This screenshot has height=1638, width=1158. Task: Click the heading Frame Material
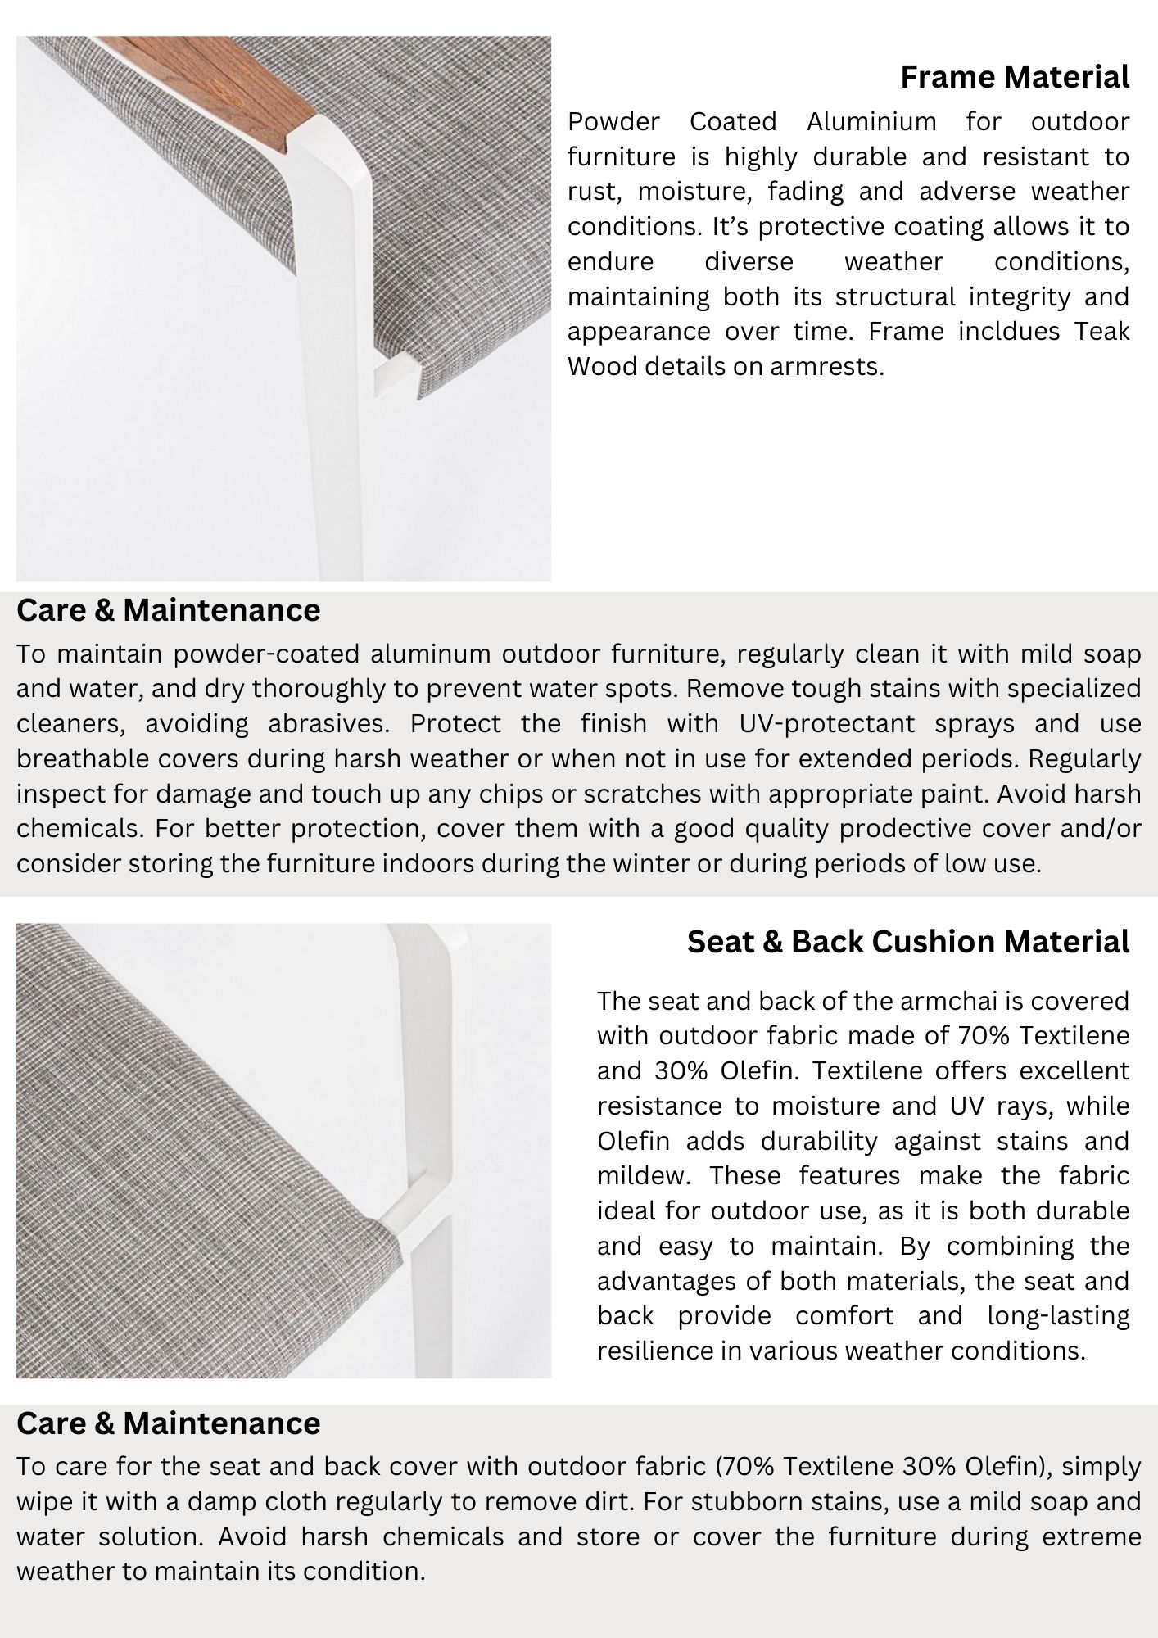pyautogui.click(x=1015, y=77)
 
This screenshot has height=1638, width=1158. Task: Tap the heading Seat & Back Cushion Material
pyautogui.click(x=908, y=942)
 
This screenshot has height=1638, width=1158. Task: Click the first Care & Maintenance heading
pyautogui.click(x=168, y=610)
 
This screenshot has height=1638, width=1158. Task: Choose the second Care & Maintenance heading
pyautogui.click(x=168, y=1423)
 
